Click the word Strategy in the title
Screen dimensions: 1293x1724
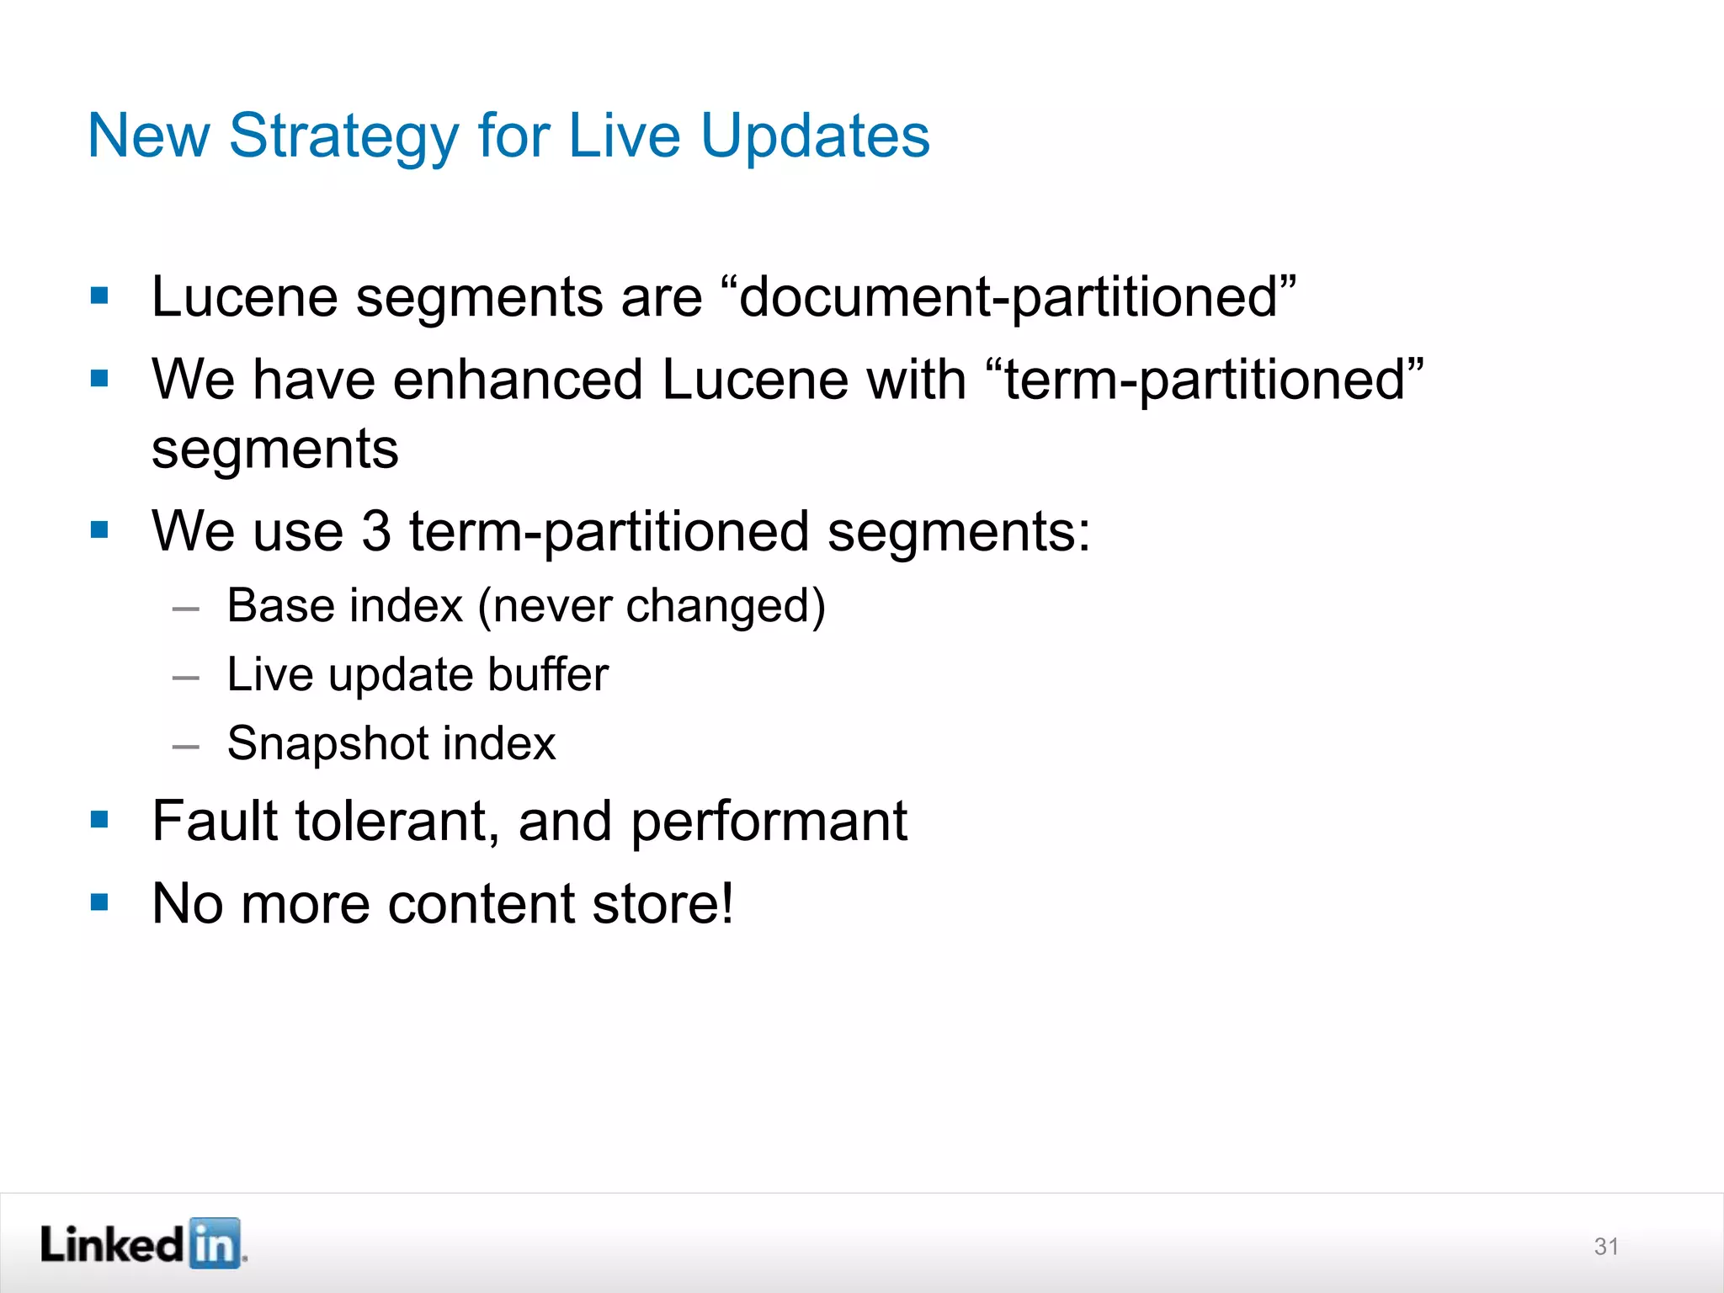point(343,136)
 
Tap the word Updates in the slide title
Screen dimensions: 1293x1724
point(815,136)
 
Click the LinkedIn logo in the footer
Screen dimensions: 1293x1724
point(143,1243)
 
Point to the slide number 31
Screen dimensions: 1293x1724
point(1606,1247)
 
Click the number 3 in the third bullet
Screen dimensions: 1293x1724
point(376,531)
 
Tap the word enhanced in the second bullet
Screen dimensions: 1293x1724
point(517,380)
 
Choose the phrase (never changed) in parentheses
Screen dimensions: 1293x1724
point(652,606)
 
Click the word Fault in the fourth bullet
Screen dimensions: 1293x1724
point(214,821)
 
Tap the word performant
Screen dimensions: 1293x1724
point(769,822)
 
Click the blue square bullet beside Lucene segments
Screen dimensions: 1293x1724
point(100,296)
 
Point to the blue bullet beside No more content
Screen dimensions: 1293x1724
point(100,903)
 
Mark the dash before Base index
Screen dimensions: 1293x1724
point(185,608)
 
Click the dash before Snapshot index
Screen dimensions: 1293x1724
point(185,746)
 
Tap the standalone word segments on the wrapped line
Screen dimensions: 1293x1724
point(275,450)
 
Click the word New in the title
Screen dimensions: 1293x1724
point(149,136)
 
